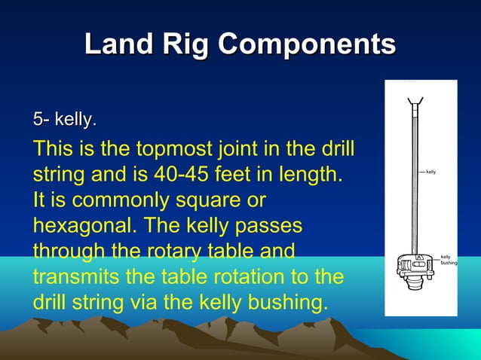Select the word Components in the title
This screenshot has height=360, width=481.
[307, 44]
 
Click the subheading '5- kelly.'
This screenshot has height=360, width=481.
[64, 119]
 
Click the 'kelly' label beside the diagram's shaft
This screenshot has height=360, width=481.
[431, 172]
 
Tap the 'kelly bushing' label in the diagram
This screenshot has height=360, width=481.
[447, 260]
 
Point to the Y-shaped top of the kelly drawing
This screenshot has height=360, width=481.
[414, 101]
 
